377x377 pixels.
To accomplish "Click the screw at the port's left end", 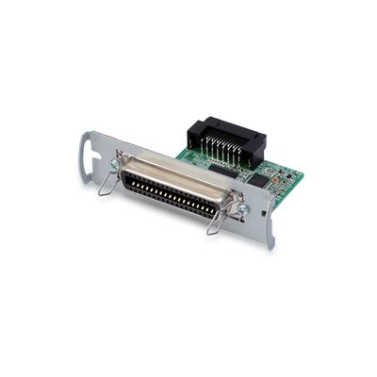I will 114,164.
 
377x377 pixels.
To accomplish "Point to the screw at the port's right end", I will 242,208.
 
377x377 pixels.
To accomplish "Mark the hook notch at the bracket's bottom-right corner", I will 268,244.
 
